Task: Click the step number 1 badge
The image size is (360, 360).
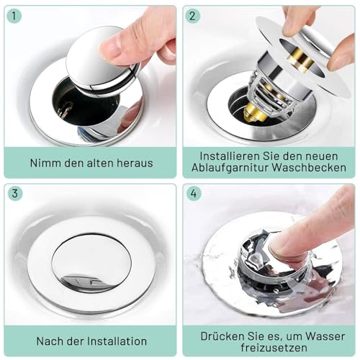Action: point(14,16)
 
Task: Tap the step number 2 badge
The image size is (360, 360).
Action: point(192,16)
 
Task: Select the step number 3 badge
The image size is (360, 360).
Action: point(15,194)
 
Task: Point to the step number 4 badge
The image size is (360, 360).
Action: point(194,194)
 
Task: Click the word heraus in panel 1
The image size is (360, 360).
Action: point(135,163)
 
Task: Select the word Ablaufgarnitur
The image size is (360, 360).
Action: point(230,168)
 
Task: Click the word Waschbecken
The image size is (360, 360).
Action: point(309,167)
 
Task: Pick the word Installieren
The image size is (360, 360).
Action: point(230,156)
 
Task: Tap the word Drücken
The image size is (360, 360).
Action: point(220,336)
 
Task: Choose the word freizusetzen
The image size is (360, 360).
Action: point(274,348)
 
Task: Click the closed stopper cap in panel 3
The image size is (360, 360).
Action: point(91,264)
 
